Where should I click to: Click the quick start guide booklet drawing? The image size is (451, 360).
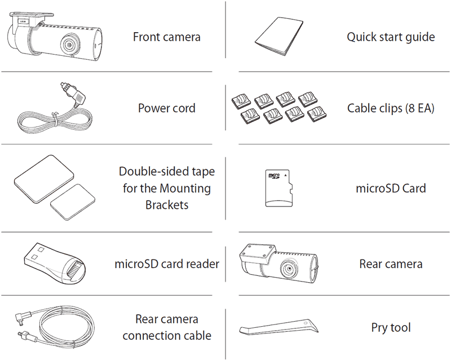click(x=279, y=36)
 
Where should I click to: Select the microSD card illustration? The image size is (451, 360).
click(x=278, y=188)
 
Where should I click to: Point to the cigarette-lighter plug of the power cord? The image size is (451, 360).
click(x=73, y=94)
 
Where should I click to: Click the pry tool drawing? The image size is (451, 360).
click(x=278, y=327)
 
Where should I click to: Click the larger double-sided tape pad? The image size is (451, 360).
click(x=44, y=178)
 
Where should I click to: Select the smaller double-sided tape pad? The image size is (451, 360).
click(x=73, y=202)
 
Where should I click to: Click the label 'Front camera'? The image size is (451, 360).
click(x=166, y=37)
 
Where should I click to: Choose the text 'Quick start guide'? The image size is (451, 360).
click(x=391, y=37)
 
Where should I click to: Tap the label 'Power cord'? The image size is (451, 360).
click(x=166, y=108)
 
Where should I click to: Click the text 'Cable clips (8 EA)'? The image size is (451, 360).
click(x=391, y=108)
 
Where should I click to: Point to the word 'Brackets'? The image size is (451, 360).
click(x=167, y=205)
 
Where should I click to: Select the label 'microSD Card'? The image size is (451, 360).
click(x=391, y=188)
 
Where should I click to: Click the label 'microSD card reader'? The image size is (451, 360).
click(x=167, y=264)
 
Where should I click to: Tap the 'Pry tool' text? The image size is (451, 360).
click(x=391, y=328)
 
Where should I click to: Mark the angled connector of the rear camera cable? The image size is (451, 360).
click(x=24, y=319)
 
